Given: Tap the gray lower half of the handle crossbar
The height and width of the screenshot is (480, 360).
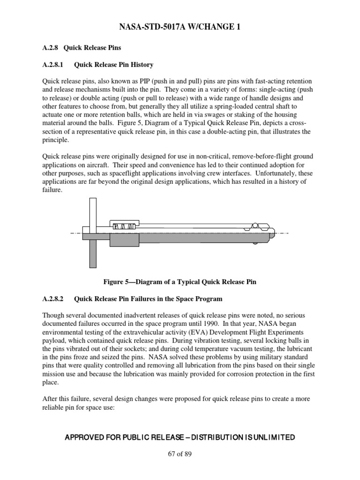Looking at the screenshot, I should coord(92,254).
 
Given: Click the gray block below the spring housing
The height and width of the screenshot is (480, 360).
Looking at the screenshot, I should coord(124,240).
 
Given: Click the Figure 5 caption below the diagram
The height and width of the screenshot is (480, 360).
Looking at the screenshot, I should coord(180,282).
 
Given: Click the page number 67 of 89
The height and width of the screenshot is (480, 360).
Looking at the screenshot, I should coord(180,454).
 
